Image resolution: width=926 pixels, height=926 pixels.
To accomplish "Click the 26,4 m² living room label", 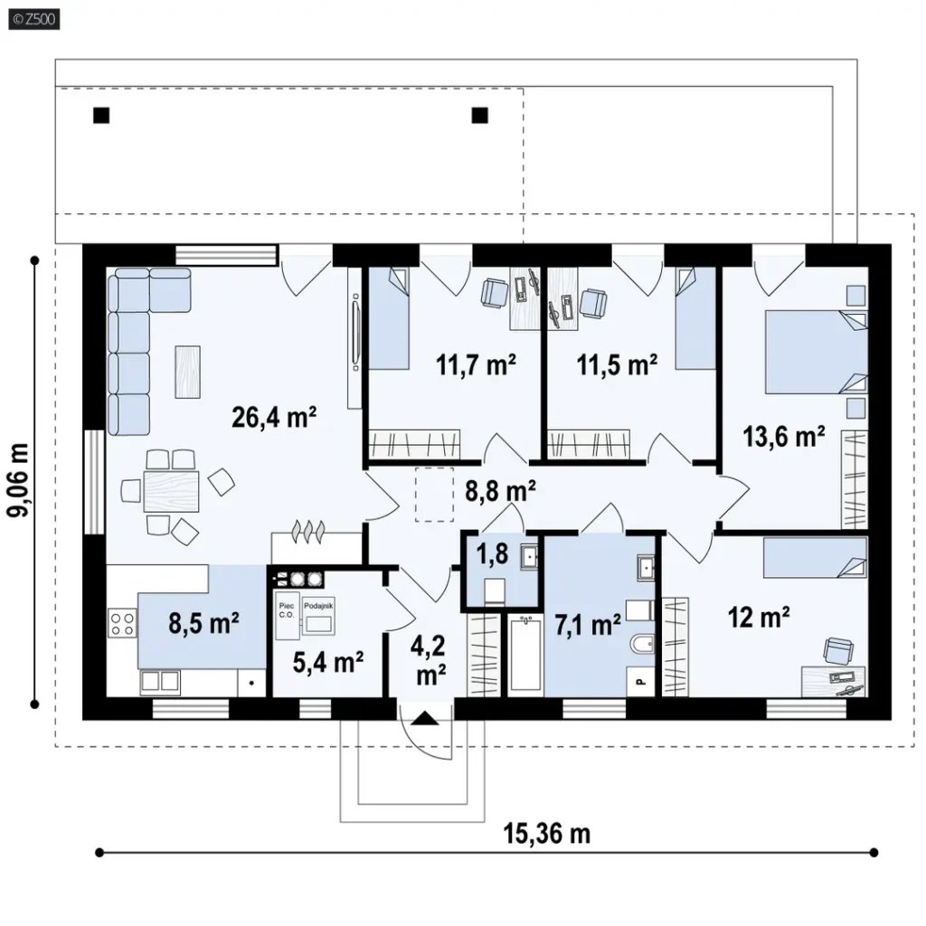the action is [x=274, y=417].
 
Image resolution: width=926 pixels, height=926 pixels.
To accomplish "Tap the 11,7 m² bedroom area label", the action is [x=476, y=364].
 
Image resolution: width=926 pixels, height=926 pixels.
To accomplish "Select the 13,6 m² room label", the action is [x=784, y=437].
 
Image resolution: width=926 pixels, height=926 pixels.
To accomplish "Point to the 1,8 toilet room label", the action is [x=492, y=554].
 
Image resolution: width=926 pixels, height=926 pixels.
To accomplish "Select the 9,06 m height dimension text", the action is [x=18, y=480].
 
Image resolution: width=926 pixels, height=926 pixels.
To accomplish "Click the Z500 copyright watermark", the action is [x=33, y=20].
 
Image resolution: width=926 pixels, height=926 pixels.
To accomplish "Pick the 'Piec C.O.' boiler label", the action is [x=287, y=610].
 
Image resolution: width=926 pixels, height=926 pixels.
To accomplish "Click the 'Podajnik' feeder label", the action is [x=318, y=606].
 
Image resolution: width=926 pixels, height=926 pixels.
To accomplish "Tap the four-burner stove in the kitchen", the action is [x=122, y=624].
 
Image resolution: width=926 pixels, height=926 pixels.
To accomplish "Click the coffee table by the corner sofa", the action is [x=187, y=372].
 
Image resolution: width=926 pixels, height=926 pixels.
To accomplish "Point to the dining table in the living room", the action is [x=171, y=491].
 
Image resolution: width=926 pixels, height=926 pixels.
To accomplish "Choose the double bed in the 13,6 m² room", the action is [x=817, y=352].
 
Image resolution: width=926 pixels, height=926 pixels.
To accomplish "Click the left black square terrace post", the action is [x=101, y=115].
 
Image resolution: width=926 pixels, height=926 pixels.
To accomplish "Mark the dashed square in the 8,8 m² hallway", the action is [x=434, y=495].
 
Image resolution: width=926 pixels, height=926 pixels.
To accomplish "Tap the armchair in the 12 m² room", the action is [x=838, y=650].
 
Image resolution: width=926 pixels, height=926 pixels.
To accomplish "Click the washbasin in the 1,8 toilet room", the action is [x=529, y=556].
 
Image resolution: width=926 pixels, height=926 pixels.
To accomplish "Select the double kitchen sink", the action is [x=160, y=682].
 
